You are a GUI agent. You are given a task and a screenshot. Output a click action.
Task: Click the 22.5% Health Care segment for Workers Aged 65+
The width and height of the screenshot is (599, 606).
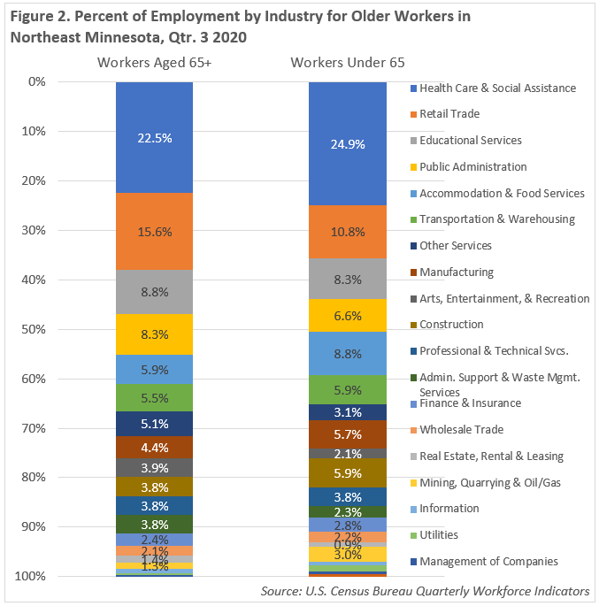point(154,138)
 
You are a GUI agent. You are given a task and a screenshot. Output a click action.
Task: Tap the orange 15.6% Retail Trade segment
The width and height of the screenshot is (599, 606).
point(154,232)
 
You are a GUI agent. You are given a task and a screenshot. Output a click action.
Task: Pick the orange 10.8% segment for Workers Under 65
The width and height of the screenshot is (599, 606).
point(347,232)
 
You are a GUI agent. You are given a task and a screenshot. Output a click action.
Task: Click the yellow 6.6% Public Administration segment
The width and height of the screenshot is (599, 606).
point(347,316)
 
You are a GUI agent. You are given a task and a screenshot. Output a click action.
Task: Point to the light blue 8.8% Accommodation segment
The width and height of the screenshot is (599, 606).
point(347,354)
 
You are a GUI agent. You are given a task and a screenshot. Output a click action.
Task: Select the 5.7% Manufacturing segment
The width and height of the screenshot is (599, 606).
point(347,434)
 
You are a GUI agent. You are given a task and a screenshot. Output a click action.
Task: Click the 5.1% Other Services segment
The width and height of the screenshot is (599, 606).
point(154,424)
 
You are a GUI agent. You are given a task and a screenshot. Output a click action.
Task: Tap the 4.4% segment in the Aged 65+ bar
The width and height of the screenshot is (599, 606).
point(154,448)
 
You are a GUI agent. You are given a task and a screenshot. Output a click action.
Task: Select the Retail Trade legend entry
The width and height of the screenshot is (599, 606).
point(449,114)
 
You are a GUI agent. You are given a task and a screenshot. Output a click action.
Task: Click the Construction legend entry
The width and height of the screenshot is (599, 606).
point(451,325)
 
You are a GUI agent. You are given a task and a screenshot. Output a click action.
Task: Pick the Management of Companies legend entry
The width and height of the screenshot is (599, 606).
point(488,562)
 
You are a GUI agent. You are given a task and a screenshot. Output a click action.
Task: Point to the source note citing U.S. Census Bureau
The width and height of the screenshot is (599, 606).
point(426,591)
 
